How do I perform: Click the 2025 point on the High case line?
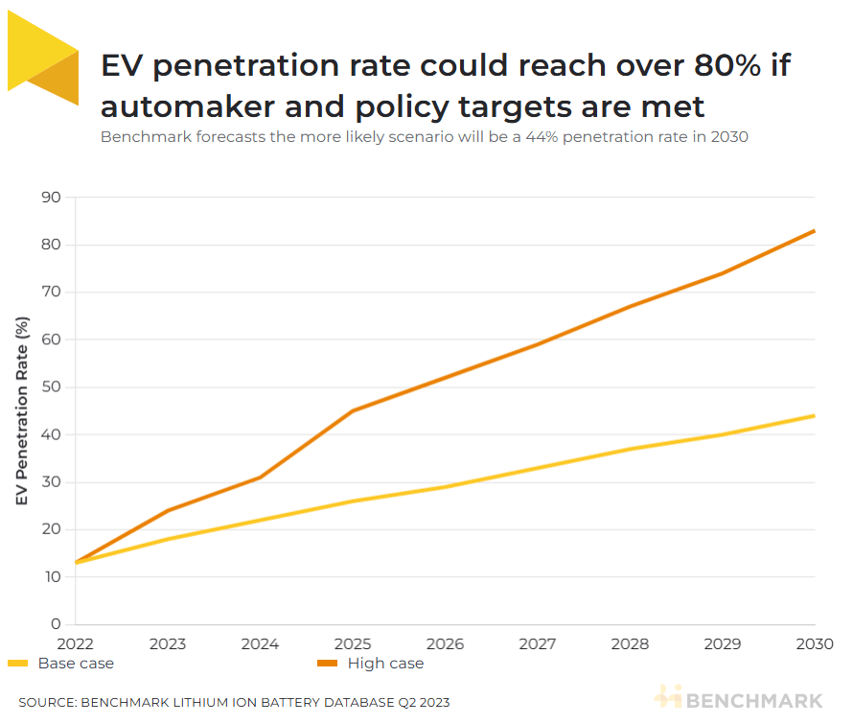pos(353,410)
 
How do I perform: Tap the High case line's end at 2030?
pos(815,231)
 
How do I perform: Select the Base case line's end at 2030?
pos(815,415)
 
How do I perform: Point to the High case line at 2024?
pos(260,477)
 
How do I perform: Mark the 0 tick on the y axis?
pos(56,624)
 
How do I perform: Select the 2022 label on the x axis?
pos(75,643)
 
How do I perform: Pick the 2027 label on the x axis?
pos(538,643)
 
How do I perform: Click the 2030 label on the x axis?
pos(815,643)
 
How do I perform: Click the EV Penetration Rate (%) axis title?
pos(22,413)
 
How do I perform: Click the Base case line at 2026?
pos(445,486)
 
